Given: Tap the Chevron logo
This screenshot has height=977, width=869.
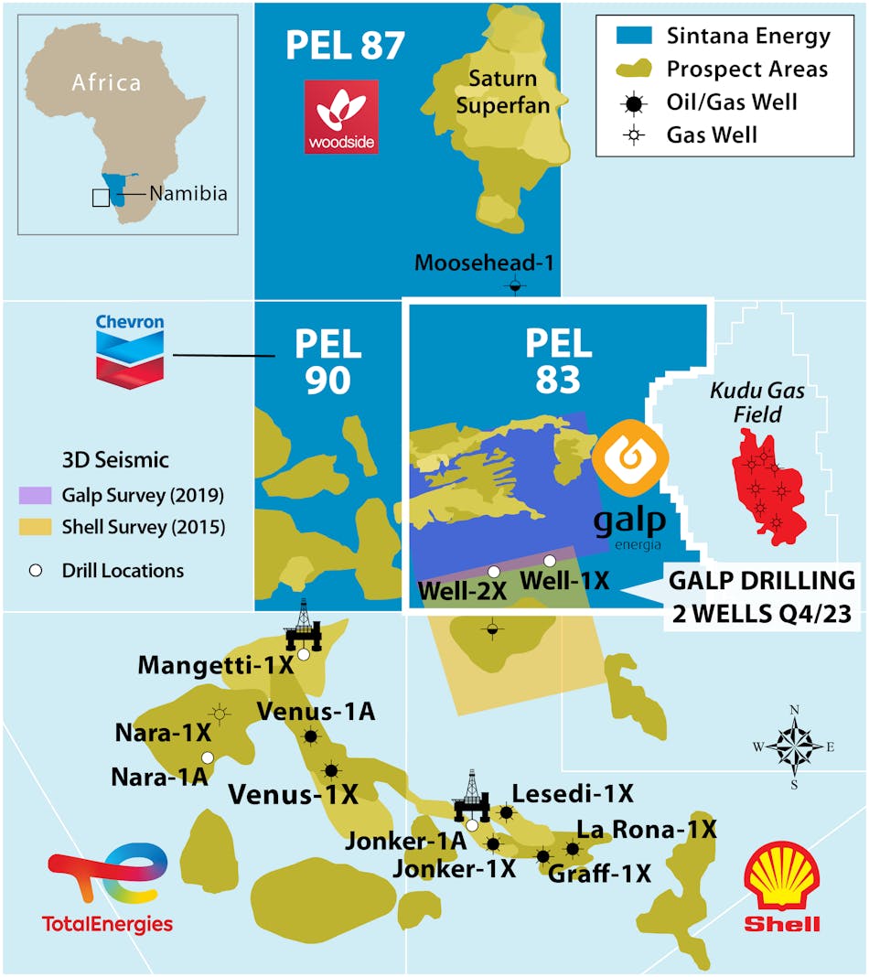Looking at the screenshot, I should pyautogui.click(x=130, y=350).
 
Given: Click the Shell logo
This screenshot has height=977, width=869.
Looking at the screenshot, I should pyautogui.click(x=782, y=888).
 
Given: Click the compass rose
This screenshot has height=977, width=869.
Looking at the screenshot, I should pyautogui.click(x=794, y=746).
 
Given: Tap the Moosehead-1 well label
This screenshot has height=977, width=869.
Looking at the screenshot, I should pyautogui.click(x=485, y=263).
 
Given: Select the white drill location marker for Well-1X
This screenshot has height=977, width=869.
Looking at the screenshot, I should pyautogui.click(x=549, y=560).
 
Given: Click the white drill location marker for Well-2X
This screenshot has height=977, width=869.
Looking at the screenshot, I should pyautogui.click(x=494, y=572).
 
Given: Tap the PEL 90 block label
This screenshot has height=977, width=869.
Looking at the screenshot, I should pyautogui.click(x=327, y=362).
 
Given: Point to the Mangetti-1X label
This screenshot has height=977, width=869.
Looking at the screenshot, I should pyautogui.click(x=216, y=665).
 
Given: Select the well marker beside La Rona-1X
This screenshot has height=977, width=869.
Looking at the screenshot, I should pyautogui.click(x=573, y=849).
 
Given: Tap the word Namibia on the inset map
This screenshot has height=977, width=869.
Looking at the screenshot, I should pyautogui.click(x=188, y=194).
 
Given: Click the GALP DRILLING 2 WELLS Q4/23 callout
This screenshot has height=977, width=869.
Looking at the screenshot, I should pyautogui.click(x=763, y=597).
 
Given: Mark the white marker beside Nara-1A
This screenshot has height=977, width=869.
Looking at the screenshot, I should pyautogui.click(x=208, y=757).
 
